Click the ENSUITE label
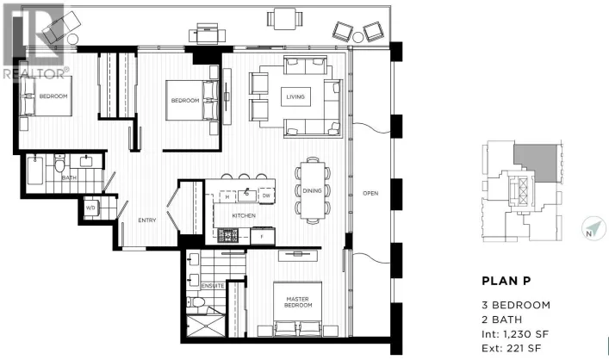click(212, 286)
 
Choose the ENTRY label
click(146, 220)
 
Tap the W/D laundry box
click(90, 207)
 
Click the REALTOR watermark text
click(34, 74)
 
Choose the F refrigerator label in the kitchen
click(261, 233)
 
